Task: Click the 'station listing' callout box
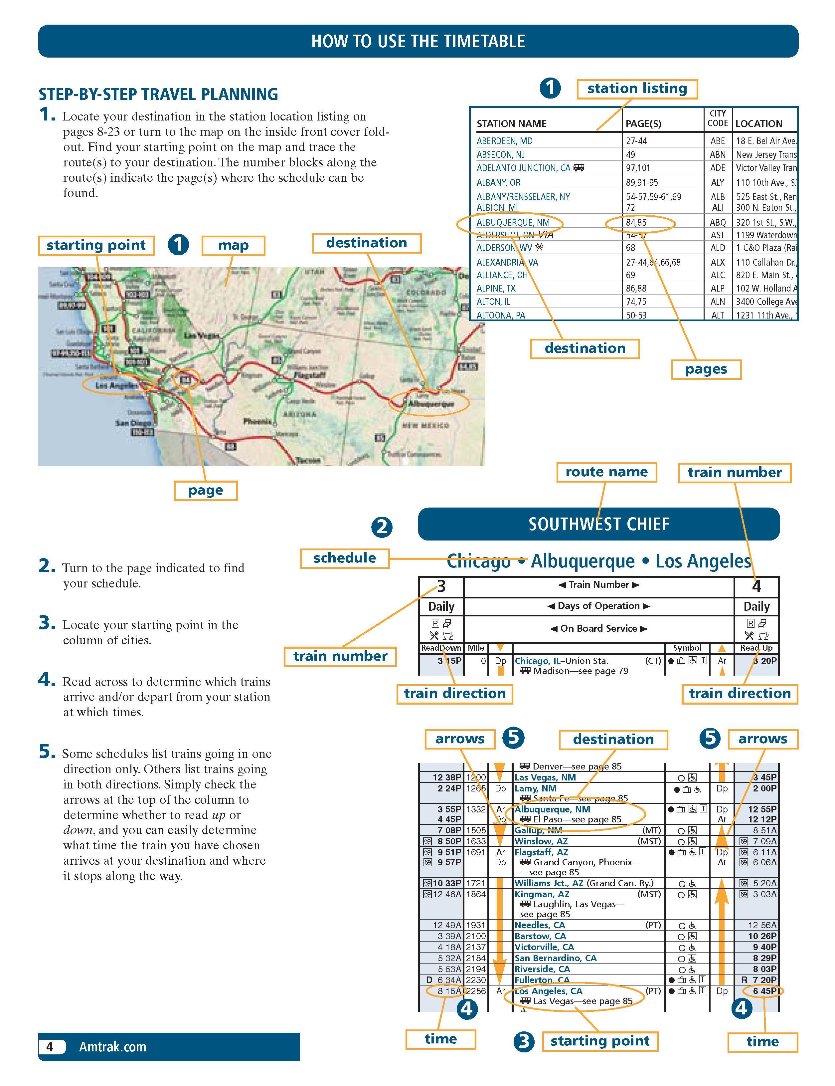[637, 89]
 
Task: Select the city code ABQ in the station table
[717, 222]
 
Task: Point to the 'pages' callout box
[706, 369]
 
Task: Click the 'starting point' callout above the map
[96, 245]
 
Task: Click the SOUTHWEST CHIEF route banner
[598, 524]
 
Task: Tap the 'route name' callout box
[606, 472]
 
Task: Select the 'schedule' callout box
[344, 558]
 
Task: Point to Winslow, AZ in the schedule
[541, 841]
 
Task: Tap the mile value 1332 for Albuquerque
[476, 809]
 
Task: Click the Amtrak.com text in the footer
[113, 1047]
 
